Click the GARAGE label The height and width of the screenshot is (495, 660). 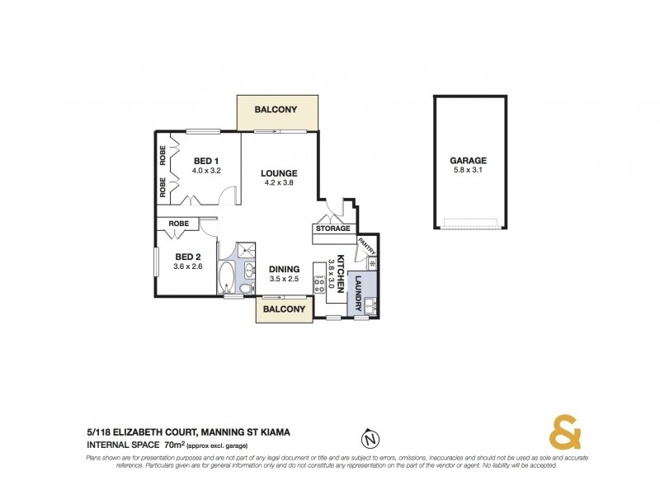[x=468, y=161]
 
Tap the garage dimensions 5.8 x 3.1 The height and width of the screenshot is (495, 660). [x=468, y=171]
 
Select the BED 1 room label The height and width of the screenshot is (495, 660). [x=205, y=161]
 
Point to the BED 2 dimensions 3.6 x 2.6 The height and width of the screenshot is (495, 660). [x=187, y=266]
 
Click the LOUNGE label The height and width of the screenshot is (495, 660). [x=278, y=173]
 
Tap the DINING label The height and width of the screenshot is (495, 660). [x=283, y=268]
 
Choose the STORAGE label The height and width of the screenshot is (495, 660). [x=333, y=229]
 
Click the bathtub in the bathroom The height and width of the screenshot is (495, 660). [x=228, y=276]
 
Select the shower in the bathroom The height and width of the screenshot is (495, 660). [x=245, y=252]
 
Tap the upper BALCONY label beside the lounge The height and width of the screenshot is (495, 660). [x=276, y=110]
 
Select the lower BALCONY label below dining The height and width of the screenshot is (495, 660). [x=284, y=310]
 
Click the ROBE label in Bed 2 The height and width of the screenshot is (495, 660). [x=178, y=224]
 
